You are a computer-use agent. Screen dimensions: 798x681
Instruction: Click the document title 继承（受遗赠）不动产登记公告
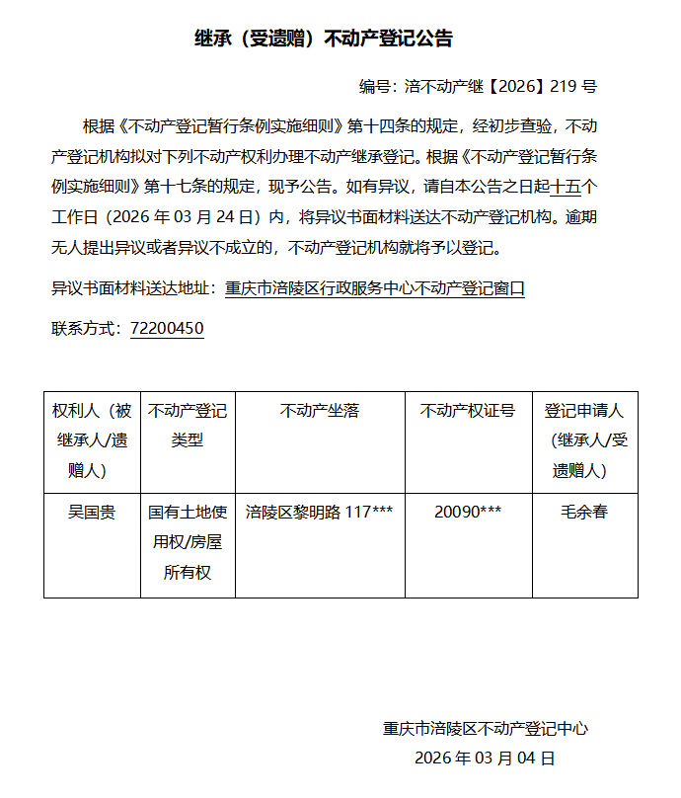(x=324, y=39)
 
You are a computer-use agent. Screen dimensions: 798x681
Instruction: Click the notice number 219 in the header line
(x=561, y=87)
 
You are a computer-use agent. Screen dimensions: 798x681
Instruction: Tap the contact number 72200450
(x=167, y=328)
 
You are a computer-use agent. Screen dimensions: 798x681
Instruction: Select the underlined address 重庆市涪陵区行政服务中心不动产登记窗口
(x=375, y=289)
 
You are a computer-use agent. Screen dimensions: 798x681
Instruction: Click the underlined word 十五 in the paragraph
(x=566, y=186)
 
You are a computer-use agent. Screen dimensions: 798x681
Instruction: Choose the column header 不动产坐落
(x=320, y=411)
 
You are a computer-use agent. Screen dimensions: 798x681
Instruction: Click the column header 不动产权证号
(x=468, y=411)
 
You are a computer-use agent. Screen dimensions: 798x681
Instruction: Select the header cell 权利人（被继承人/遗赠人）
(x=92, y=440)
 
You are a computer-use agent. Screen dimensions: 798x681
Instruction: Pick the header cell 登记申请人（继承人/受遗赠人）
(x=584, y=440)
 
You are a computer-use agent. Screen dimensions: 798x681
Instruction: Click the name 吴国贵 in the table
(x=92, y=513)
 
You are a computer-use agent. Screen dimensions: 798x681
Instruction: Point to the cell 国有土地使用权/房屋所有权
(x=188, y=542)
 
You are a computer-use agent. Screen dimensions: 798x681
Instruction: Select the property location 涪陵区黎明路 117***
(x=320, y=513)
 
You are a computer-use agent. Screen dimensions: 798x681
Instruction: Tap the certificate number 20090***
(x=468, y=513)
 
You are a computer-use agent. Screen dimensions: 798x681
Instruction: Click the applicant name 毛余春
(x=584, y=513)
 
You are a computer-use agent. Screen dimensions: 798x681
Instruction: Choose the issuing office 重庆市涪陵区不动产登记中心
(x=486, y=729)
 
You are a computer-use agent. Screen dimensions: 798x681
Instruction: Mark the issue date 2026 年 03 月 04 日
(x=486, y=758)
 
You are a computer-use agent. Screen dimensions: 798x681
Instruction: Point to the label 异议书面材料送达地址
(x=130, y=289)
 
